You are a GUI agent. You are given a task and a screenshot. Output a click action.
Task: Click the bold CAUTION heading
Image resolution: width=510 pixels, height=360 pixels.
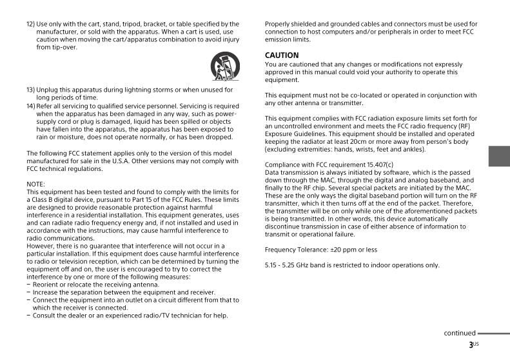[x=282, y=55]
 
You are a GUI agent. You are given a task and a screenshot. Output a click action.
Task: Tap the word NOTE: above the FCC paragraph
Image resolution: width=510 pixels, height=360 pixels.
[x=35, y=185]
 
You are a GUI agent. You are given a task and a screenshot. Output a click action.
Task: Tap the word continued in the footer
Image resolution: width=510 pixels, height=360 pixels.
[x=459, y=334]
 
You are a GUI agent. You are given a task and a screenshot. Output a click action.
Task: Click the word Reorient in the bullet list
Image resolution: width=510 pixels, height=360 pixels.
[x=46, y=285]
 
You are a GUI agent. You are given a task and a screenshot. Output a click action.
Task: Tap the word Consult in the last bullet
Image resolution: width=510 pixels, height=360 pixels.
[x=44, y=315]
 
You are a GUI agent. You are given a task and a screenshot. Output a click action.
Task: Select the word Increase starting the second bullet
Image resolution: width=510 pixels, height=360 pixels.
[x=45, y=292]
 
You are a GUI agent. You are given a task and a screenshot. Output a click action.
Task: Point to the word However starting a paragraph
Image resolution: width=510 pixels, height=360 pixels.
[x=41, y=246]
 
